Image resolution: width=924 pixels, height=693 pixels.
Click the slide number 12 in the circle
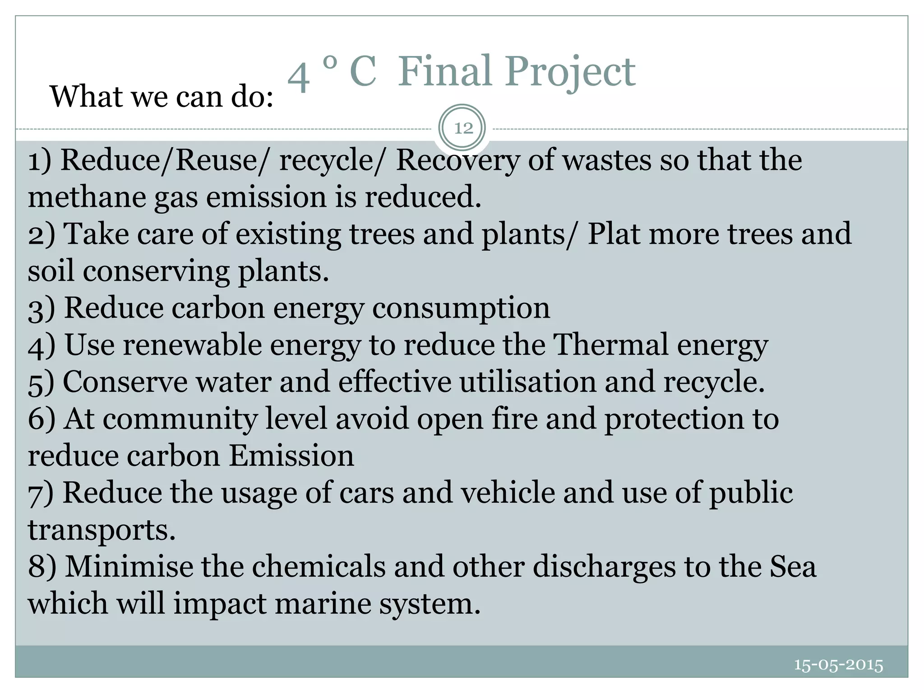[x=463, y=129]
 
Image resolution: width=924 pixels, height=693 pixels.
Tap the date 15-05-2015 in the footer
[x=838, y=665]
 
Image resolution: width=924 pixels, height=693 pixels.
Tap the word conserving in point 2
[x=156, y=272]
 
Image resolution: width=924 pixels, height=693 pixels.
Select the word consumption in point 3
[x=461, y=309]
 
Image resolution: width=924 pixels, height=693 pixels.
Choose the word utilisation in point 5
[x=528, y=382]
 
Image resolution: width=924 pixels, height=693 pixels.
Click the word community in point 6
[x=180, y=419]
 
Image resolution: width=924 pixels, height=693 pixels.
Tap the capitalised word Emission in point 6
[x=291, y=456]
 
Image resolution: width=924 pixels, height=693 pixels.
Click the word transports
[x=102, y=529]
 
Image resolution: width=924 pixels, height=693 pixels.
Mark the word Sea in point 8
[x=792, y=566]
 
